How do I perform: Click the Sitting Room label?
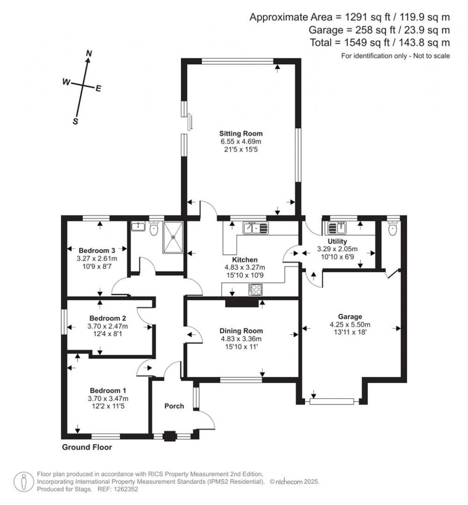tap(241, 134)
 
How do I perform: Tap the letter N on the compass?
tap(89, 54)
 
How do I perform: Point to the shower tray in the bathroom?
tap(173, 237)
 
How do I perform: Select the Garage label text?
tap(350, 317)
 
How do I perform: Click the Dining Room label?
tap(241, 331)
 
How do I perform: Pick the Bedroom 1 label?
tap(107, 391)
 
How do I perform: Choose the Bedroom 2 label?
tap(107, 318)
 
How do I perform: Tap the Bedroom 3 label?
tap(97, 250)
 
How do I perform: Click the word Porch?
tap(174, 406)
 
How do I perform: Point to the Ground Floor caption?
tap(87, 447)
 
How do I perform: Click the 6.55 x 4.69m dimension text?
tap(241, 142)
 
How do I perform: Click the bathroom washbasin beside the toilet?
tap(138, 226)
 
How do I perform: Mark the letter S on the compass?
tap(76, 121)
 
